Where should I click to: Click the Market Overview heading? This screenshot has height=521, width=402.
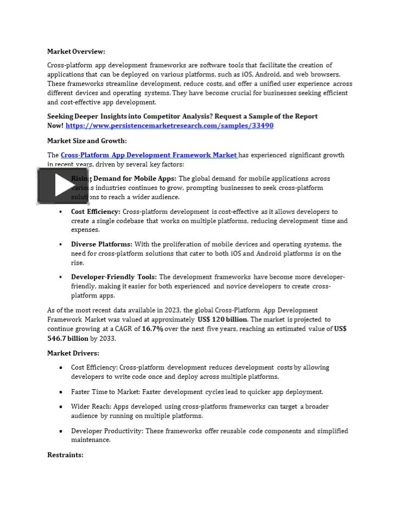tap(76, 52)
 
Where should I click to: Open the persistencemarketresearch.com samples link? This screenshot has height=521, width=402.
tap(169, 125)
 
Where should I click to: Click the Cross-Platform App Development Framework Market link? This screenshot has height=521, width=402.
tap(149, 155)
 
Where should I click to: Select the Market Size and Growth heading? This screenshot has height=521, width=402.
tap(87, 141)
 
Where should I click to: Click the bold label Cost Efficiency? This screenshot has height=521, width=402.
tap(95, 212)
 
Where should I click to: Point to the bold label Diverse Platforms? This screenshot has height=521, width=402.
tap(101, 244)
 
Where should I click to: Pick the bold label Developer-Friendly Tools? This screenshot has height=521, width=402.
tap(114, 277)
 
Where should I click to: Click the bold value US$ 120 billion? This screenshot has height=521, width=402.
tap(222, 320)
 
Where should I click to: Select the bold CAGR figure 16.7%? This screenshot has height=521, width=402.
tap(152, 329)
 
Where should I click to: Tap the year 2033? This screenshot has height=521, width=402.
tap(107, 339)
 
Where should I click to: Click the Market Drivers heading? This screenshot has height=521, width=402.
tap(73, 353)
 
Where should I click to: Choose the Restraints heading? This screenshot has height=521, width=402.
tap(65, 455)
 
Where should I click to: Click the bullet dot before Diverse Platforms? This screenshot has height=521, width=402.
tap(61, 245)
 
